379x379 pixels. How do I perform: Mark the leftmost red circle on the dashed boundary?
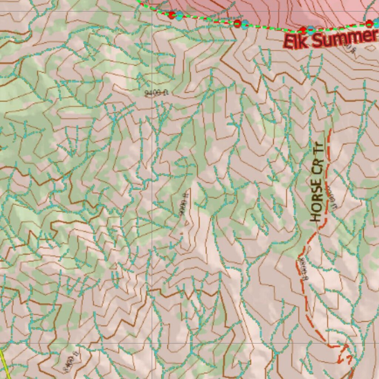[x=171, y=15]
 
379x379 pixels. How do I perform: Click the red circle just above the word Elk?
[x=303, y=30]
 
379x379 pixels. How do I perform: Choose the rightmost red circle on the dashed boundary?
[x=369, y=24]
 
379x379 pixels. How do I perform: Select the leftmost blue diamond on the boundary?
[x=180, y=16]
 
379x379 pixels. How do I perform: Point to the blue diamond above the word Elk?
[x=311, y=30]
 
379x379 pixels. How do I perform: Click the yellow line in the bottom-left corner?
[x=4, y=362]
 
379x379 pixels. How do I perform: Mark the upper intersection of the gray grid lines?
[x=152, y=11]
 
